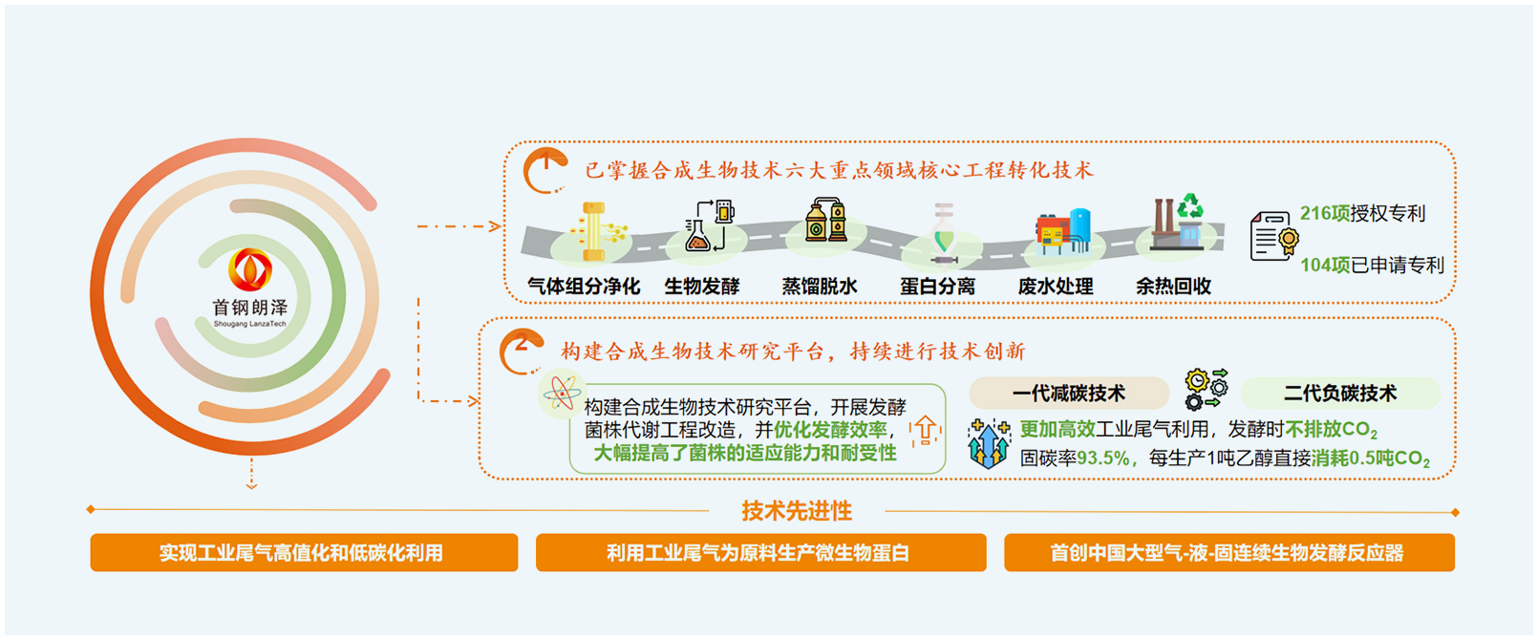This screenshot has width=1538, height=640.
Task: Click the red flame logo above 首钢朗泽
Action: (250, 269)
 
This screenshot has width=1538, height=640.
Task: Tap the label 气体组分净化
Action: (584, 287)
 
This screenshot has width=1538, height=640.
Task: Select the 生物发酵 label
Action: (702, 287)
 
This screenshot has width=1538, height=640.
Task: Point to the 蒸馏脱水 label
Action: (820, 287)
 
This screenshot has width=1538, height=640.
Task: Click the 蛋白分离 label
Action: (938, 287)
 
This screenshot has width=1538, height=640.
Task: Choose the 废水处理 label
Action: (1056, 287)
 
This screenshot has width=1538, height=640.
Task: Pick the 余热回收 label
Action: (1173, 287)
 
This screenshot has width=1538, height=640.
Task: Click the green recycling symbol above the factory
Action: (1190, 206)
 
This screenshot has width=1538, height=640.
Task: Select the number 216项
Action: (1325, 213)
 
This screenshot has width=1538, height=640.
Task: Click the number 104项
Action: (1325, 265)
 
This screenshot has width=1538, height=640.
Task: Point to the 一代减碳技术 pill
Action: (1069, 394)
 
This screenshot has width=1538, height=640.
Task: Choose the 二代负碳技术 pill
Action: (1340, 394)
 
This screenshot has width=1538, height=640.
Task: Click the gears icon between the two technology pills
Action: (1207, 390)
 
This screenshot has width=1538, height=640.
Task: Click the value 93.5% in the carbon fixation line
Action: (1103, 458)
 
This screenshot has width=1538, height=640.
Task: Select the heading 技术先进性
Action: (797, 511)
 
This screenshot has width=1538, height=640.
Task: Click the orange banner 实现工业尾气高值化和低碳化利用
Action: (304, 553)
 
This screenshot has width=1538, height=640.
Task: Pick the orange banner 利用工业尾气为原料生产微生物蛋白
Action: (760, 553)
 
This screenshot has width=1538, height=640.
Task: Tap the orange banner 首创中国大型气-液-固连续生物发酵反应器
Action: (1229, 553)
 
